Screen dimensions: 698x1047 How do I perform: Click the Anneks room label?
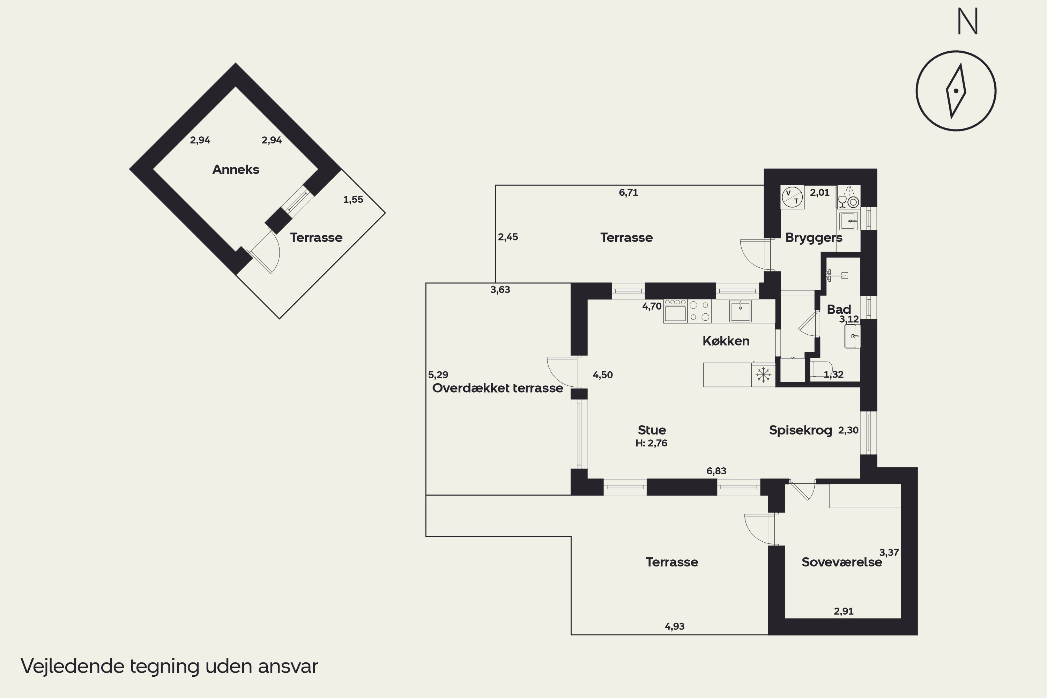point(236,170)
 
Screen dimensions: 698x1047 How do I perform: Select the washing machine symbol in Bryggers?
point(792,197)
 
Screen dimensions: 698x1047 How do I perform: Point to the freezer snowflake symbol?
point(763,374)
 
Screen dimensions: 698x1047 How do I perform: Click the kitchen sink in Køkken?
point(740,311)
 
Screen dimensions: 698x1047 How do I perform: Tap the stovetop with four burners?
point(699,311)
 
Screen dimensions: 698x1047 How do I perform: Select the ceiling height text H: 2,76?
point(651,443)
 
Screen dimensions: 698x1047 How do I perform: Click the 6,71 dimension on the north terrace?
point(628,193)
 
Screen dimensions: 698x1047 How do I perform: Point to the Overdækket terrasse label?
point(497,388)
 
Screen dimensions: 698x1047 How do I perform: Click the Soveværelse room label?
point(841,562)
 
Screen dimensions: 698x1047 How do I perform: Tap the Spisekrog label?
point(800,430)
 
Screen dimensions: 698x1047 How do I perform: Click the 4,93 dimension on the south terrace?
point(674,627)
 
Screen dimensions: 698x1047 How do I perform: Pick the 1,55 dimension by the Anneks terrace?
point(353,200)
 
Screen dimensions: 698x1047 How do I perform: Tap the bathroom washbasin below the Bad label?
point(852,336)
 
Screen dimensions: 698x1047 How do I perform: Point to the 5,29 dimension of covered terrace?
point(438,375)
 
